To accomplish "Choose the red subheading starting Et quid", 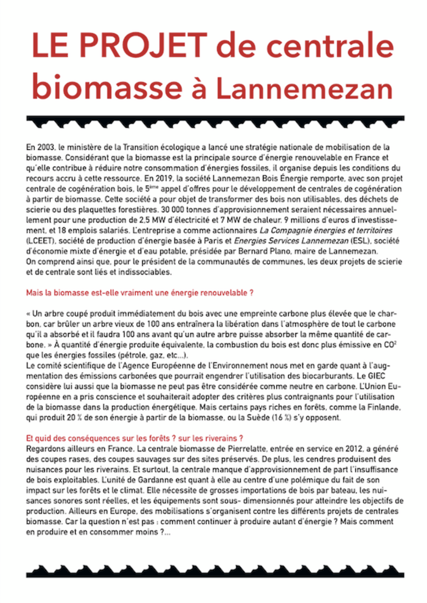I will coord(134,438).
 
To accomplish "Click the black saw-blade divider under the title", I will coord(215,121).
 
